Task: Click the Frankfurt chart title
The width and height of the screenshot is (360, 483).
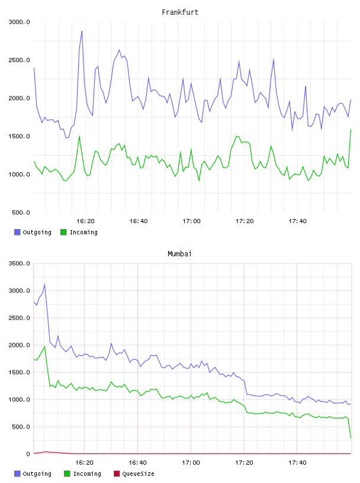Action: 180,12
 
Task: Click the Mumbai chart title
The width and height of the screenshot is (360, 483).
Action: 179,254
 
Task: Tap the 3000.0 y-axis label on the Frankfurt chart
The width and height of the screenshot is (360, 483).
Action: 19,22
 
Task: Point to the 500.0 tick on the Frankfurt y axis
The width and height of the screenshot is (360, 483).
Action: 21,212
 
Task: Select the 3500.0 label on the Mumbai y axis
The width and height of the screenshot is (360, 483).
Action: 19,263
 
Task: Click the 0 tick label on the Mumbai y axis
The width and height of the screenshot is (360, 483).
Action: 28,454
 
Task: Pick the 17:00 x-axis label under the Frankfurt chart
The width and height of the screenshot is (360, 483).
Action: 191,221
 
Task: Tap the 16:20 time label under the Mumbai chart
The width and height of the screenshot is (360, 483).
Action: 85,463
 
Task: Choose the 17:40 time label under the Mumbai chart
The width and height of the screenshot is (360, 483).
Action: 297,463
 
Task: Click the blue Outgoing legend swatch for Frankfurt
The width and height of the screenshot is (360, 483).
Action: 17,232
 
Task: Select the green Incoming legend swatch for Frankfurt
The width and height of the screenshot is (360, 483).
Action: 63,232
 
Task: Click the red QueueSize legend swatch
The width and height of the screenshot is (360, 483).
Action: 117,474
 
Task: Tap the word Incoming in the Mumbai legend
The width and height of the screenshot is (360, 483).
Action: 87,474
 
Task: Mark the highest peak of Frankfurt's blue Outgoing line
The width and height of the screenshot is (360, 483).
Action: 82,31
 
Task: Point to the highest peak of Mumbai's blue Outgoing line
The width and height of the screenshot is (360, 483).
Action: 44,284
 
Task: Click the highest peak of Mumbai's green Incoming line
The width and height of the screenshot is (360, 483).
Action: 44,346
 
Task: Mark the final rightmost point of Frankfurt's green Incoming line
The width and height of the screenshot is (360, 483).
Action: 351,130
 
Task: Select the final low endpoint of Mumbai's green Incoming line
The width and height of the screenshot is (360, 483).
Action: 351,437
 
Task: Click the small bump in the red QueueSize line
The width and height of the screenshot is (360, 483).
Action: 46,452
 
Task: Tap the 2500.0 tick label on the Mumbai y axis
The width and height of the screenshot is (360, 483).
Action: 19,318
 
